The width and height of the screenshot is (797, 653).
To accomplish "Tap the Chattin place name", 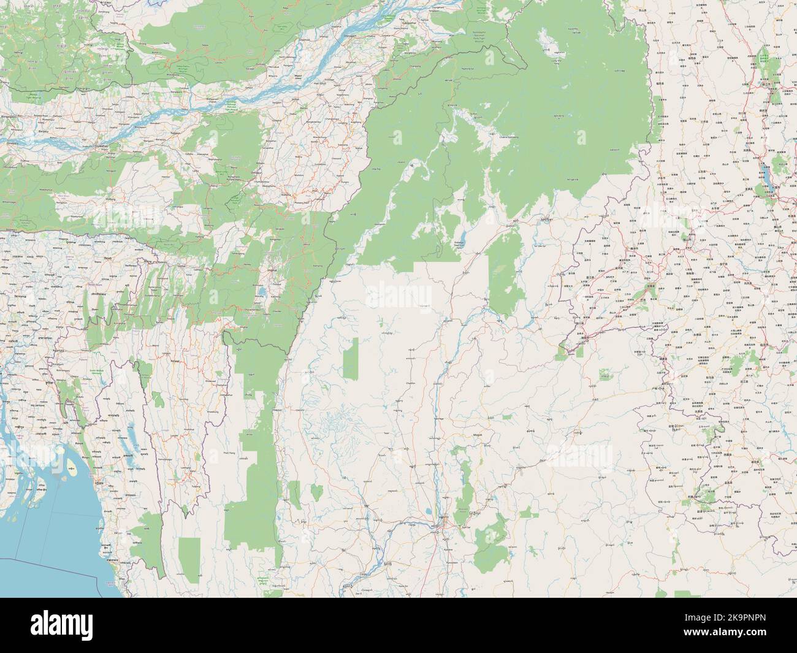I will coord(411,382).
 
